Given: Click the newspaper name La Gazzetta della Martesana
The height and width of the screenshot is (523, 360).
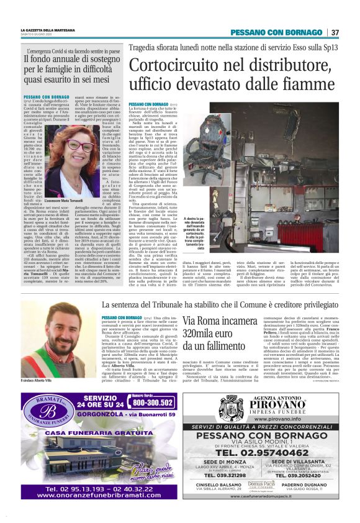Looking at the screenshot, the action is [48, 30].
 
